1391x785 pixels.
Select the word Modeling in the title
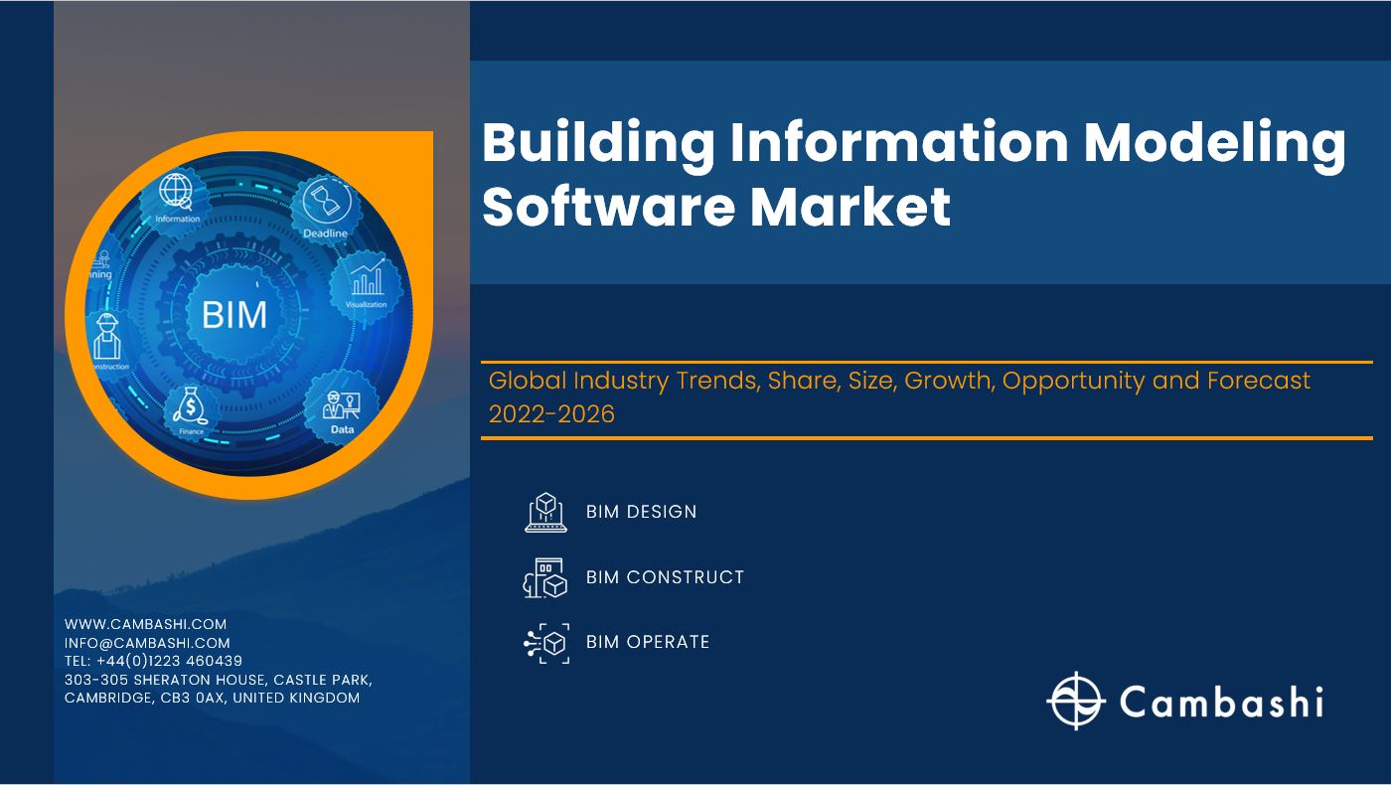click(1214, 143)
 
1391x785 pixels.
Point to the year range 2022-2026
click(551, 413)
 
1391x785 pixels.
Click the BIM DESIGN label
click(641, 512)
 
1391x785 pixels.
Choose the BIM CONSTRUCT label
click(665, 577)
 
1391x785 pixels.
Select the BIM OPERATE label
click(648, 642)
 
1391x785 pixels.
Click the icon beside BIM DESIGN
click(545, 512)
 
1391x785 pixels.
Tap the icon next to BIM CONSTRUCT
click(545, 577)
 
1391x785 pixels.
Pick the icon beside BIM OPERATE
click(545, 643)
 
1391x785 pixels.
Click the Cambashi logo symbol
click(1076, 701)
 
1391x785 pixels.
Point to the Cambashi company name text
click(1222, 701)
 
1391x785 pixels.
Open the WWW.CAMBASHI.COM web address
click(145, 624)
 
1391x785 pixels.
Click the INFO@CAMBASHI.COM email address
click(147, 643)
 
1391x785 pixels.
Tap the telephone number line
click(153, 661)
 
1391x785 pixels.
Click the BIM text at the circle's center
click(234, 314)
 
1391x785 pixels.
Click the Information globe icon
click(176, 192)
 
